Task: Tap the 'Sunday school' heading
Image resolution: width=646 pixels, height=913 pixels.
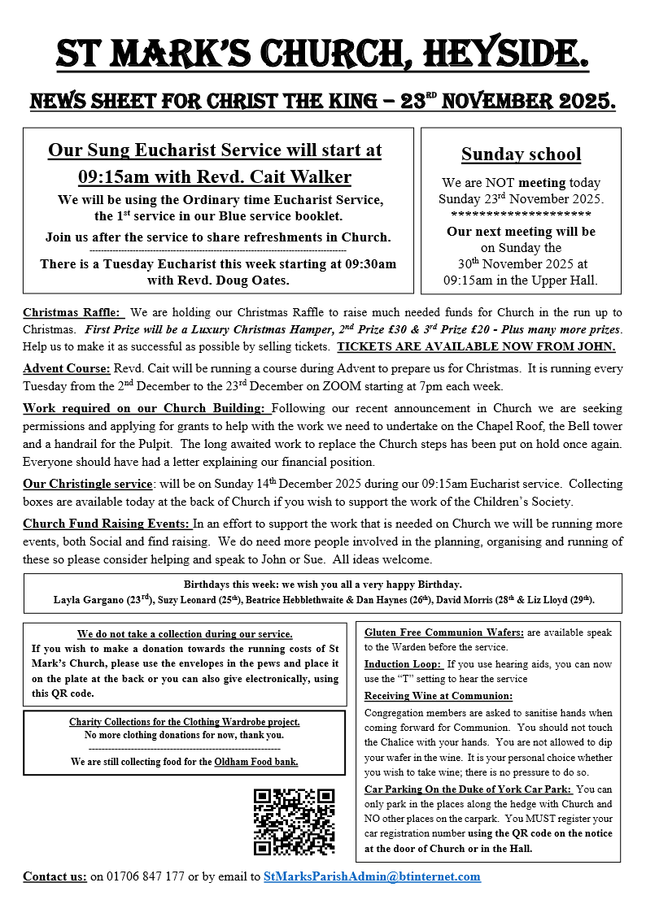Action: (521, 154)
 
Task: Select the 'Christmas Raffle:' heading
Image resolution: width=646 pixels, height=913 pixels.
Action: (72, 312)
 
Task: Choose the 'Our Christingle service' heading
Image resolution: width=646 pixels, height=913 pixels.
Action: (88, 483)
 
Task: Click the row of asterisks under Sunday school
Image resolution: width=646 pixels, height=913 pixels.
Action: (521, 215)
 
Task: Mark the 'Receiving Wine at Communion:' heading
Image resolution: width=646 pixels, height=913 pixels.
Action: (439, 695)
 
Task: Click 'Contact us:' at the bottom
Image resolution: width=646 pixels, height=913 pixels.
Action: (55, 876)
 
